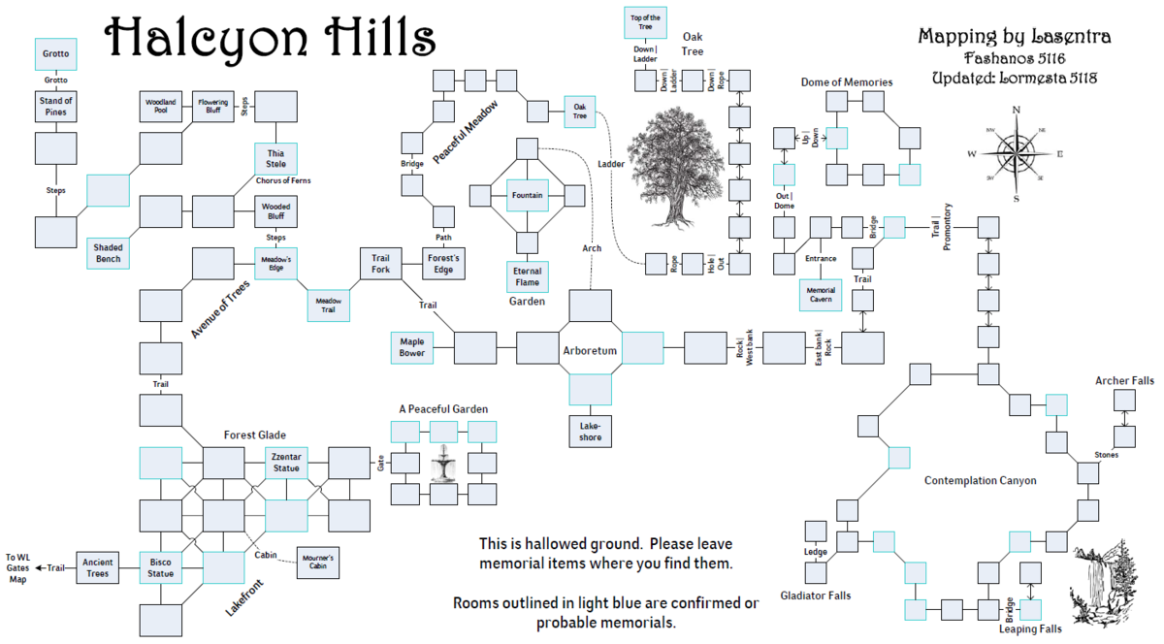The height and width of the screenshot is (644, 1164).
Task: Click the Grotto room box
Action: point(56,53)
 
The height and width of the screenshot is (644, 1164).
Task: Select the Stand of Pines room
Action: point(56,106)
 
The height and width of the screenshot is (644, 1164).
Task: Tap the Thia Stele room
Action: point(275,159)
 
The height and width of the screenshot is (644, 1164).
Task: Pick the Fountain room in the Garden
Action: point(527,196)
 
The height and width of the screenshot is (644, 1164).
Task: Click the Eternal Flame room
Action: point(527,276)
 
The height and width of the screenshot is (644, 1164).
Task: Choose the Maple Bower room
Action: point(412,347)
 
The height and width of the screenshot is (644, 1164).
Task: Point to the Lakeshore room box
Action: point(590,432)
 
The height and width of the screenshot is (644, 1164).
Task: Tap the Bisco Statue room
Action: point(160,567)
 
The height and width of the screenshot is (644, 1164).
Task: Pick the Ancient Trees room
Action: point(97,567)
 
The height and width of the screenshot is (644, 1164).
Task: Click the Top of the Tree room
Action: point(645,22)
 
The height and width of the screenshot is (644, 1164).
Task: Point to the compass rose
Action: point(1016,153)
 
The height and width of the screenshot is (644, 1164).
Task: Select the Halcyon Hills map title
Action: point(270,37)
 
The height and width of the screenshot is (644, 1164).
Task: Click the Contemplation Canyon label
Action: point(980,481)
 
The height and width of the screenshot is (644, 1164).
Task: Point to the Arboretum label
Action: point(589,351)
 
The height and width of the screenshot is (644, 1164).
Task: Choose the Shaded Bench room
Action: point(108,253)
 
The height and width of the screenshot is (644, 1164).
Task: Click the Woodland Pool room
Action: point(160,106)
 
